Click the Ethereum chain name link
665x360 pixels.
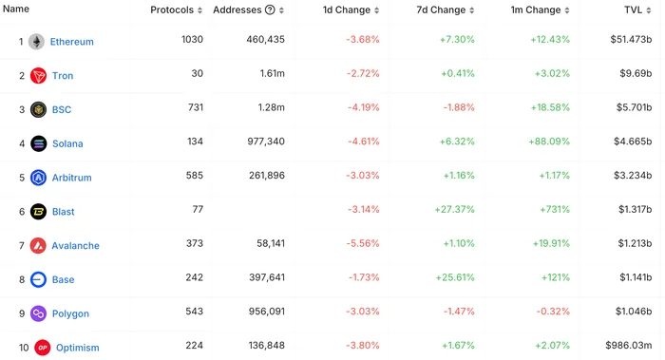pyautogui.click(x=71, y=42)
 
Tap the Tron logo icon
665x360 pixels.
pyautogui.click(x=38, y=75)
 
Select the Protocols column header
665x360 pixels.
pyautogui.click(x=172, y=9)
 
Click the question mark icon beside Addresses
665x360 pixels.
pyautogui.click(x=270, y=9)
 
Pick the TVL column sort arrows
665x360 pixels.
pyautogui.click(x=649, y=10)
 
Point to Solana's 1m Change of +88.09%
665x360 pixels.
pyautogui.click(x=549, y=142)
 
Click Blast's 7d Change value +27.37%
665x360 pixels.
pyautogui.click(x=454, y=209)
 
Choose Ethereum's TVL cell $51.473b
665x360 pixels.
pyautogui.click(x=631, y=40)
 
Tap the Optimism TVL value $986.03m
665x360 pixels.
pyautogui.click(x=629, y=345)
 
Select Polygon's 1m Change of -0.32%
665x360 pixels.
pyautogui.click(x=553, y=312)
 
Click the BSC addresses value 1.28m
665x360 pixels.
pyautogui.click(x=272, y=107)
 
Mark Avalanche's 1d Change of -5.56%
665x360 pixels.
pyautogui.click(x=363, y=243)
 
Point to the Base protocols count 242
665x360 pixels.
pyautogui.click(x=194, y=277)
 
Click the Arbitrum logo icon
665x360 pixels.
pyautogui.click(x=38, y=178)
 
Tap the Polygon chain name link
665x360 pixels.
pyautogui.click(x=70, y=313)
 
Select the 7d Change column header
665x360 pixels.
pyautogui.click(x=441, y=9)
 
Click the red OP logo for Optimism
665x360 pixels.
pyautogui.click(x=42, y=348)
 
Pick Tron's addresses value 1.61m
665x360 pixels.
pyautogui.click(x=273, y=73)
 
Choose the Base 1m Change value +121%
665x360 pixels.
pyautogui.click(x=556, y=277)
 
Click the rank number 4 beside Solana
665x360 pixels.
pyautogui.click(x=22, y=143)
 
